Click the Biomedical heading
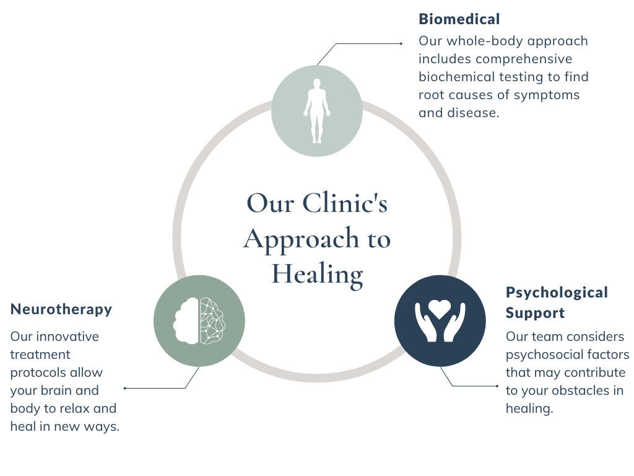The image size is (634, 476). [459, 19]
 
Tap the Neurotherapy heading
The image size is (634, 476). [61, 309]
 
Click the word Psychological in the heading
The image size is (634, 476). [557, 293]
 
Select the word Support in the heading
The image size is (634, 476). [535, 313]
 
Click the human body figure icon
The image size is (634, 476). [317, 110]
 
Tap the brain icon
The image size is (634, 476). [199, 320]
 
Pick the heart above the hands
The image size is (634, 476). [440, 308]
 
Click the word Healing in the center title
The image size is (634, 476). [317, 273]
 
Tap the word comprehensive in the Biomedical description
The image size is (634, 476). [524, 59]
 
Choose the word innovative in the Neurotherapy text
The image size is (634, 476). [67, 337]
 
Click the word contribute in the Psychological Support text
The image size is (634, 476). [595, 373]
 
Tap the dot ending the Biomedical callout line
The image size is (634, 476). [401, 43]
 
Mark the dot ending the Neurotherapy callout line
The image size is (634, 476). [125, 388]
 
